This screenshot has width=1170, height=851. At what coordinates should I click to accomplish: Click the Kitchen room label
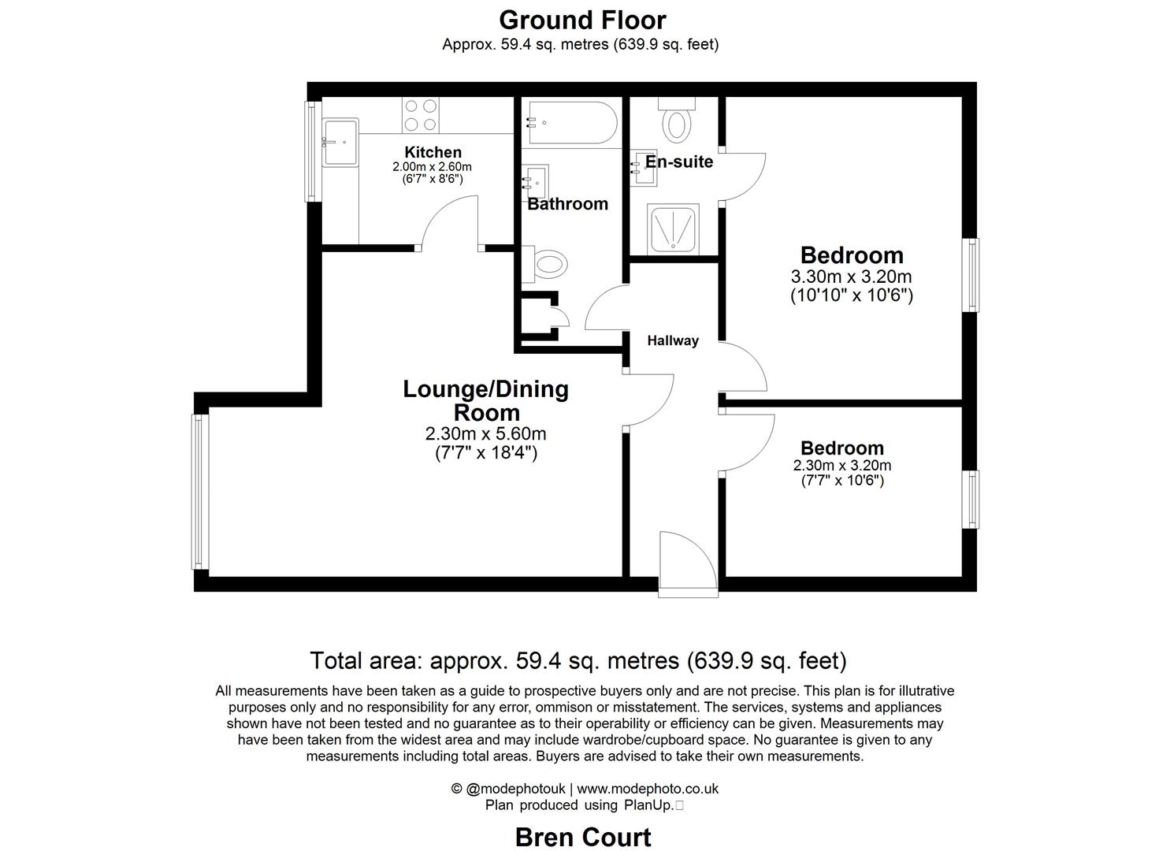[x=433, y=152]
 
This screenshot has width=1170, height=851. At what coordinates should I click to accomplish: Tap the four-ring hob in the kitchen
[x=420, y=115]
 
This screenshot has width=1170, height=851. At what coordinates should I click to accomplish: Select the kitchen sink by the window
[x=340, y=143]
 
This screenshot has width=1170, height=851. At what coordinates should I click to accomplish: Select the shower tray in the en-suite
[x=672, y=229]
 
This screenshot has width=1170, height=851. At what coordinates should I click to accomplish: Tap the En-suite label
[x=678, y=162]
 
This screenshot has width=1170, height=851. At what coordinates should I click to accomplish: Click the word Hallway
[x=673, y=340]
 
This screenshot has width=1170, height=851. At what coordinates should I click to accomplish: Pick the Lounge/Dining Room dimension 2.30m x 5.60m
[x=485, y=433]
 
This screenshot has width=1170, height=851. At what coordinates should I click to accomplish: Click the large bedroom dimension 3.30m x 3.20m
[x=851, y=277]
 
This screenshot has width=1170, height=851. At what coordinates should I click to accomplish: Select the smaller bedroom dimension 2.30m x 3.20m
[x=842, y=466]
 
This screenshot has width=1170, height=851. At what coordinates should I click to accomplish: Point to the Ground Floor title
[x=582, y=20]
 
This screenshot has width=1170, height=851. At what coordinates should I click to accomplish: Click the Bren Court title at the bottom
[x=582, y=837]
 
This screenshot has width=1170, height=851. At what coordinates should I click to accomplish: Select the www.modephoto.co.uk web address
[x=648, y=789]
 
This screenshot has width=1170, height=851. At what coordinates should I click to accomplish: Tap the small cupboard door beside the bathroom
[x=561, y=317]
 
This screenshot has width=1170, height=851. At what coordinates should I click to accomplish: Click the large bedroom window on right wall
[x=973, y=275]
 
